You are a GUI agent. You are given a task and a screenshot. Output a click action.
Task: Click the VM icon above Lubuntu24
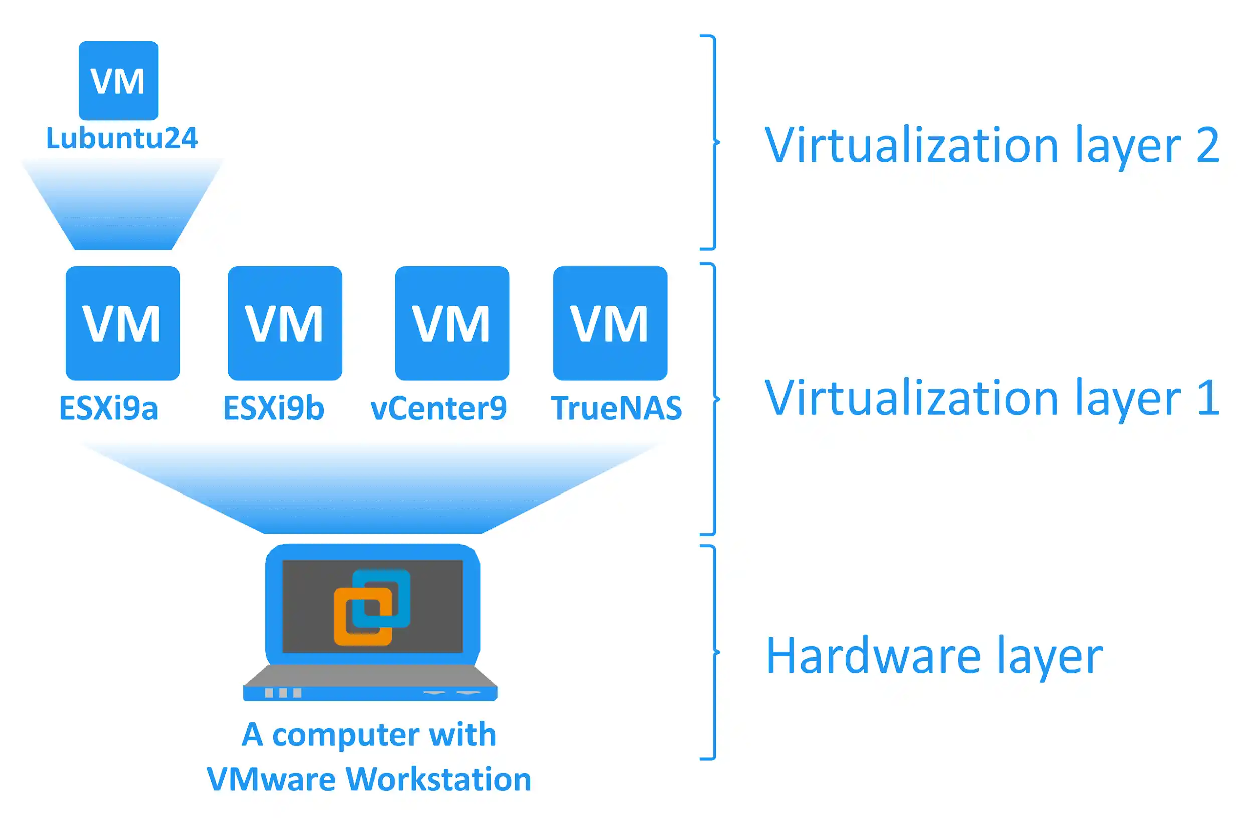118,81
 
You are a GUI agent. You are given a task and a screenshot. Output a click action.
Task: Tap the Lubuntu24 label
122,138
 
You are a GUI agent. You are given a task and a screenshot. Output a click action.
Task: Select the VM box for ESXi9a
122,323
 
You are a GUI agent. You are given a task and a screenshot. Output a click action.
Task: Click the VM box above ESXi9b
284,323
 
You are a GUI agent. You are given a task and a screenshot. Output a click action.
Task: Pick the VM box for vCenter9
451,323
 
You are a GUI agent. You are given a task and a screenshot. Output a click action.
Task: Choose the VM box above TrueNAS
609,323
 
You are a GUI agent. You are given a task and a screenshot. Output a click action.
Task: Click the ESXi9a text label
108,408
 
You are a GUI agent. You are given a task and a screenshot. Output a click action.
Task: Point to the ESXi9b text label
273,408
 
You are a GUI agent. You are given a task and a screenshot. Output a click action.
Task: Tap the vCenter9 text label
438,408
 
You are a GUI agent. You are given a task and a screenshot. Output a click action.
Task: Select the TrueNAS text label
616,408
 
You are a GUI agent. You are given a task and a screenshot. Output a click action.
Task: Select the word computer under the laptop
346,735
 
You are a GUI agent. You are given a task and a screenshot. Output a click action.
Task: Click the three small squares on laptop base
283,692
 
